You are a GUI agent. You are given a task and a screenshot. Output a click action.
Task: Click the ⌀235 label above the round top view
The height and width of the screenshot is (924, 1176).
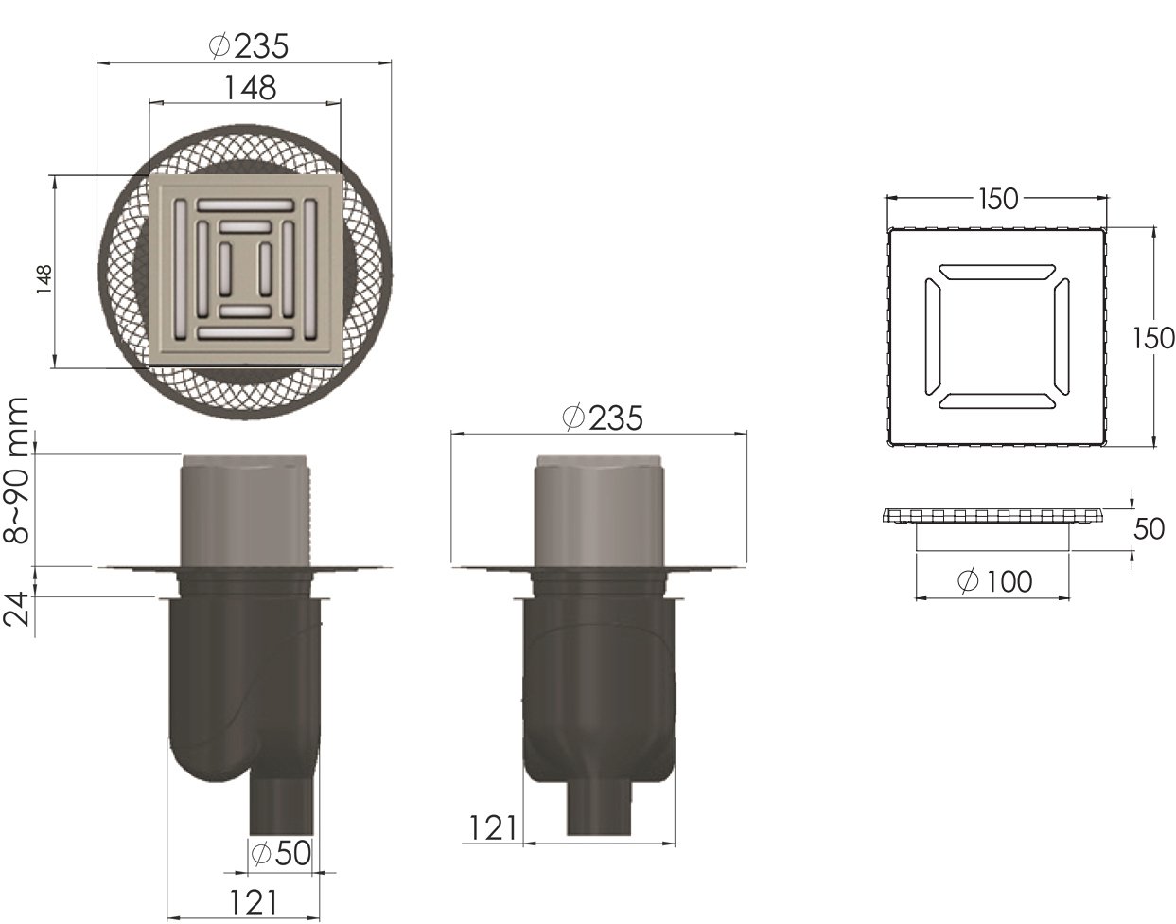tap(246, 44)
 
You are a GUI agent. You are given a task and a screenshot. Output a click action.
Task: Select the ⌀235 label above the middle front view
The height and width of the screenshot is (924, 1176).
tap(602, 417)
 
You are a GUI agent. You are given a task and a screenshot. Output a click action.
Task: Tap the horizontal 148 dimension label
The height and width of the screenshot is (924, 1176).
tap(250, 87)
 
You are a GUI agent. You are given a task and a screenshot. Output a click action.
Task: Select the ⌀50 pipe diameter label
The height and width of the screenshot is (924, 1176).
tap(279, 854)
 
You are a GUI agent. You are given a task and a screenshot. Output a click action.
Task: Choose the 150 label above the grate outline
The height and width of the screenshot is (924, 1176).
tap(998, 199)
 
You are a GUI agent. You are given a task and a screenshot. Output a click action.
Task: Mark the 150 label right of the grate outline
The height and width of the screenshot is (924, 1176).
tap(1154, 338)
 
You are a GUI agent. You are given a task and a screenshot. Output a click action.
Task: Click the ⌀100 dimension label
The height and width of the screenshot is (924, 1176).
tap(995, 581)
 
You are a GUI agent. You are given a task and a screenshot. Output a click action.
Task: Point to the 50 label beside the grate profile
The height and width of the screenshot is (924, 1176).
tap(1149, 529)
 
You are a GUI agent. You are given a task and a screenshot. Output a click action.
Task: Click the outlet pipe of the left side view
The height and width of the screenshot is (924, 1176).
tap(279, 805)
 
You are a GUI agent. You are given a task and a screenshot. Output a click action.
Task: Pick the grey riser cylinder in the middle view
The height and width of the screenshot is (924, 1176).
tap(600, 511)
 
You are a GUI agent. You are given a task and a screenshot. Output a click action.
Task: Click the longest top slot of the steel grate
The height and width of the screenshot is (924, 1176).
tap(245, 204)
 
